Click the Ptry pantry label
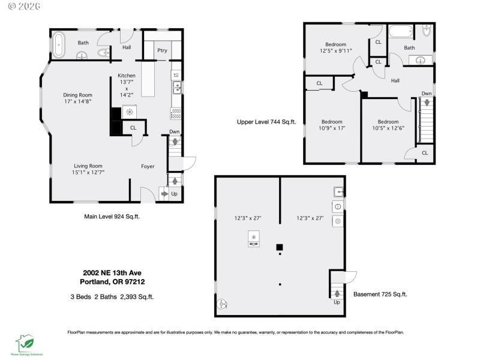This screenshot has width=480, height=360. [162, 51]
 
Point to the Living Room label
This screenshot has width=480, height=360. [88, 170]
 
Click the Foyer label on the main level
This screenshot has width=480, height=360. [148, 166]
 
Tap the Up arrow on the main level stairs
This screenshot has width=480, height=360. [175, 180]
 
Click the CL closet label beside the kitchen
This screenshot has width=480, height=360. [133, 128]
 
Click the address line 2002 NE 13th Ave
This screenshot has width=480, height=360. [112, 272]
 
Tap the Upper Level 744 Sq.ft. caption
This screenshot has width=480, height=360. [266, 122]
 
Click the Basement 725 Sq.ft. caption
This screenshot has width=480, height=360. [380, 294]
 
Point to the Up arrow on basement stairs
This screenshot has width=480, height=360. [337, 293]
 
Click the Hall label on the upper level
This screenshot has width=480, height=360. [396, 80]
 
